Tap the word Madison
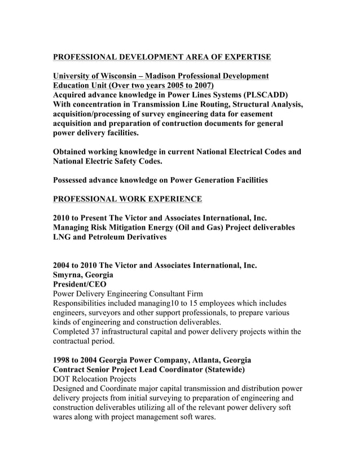(x=173, y=76)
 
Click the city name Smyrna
(x=68, y=275)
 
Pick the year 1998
(x=62, y=360)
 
